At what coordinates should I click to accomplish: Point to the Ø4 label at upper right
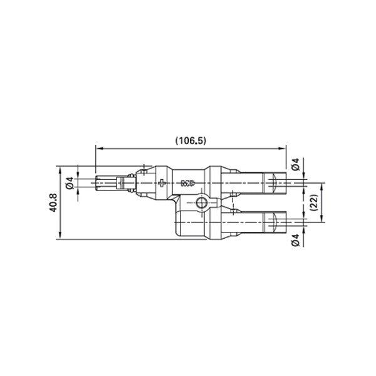[296, 166]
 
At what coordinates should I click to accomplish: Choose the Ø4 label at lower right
[296, 239]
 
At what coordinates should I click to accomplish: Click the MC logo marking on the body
[187, 184]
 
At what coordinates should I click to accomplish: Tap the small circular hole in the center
[201, 202]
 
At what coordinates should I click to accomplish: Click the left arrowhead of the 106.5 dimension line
[98, 148]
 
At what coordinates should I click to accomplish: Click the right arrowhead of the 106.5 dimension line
[283, 148]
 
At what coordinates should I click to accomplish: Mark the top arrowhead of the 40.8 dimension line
[58, 169]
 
